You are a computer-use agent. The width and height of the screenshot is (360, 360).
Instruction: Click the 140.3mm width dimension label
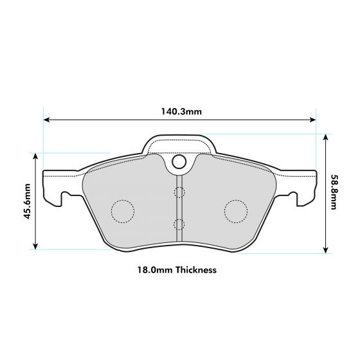[181, 111]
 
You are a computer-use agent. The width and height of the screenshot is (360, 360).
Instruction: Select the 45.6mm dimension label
[28, 201]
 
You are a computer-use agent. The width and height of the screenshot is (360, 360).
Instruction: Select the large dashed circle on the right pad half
[236, 210]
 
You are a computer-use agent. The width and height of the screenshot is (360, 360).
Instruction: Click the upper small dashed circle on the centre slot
[179, 192]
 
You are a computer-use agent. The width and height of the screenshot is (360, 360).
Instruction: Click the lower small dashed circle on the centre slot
[179, 224]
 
